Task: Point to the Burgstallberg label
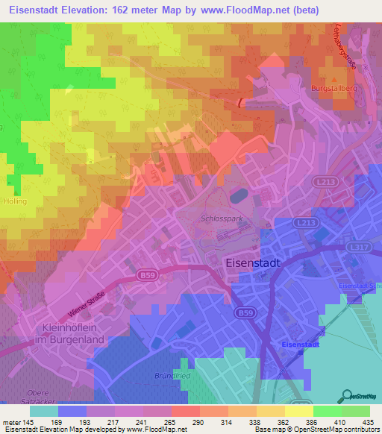(x=331, y=88)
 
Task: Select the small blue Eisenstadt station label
(x=304, y=343)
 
